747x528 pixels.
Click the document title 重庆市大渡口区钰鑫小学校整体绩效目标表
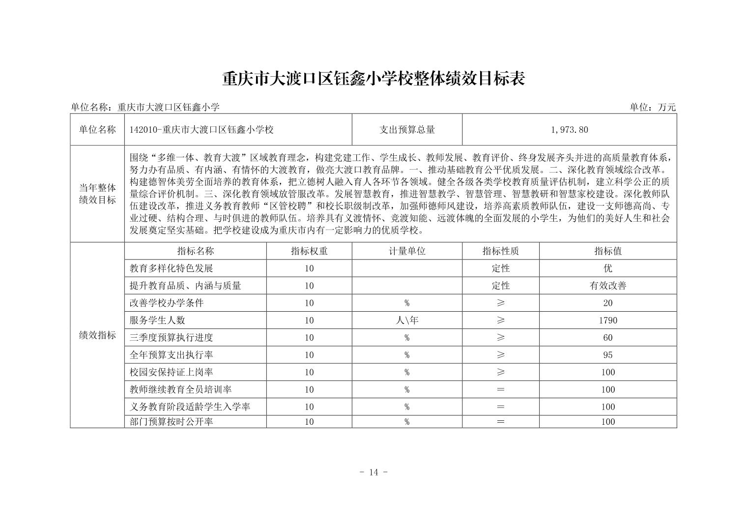click(373, 79)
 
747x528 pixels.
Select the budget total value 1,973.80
click(569, 130)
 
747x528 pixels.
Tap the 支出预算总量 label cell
click(407, 130)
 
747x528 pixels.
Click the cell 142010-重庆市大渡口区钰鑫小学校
click(201, 130)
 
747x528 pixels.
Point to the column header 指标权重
click(309, 251)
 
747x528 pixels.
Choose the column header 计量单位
click(407, 251)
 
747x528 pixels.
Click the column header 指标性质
click(500, 251)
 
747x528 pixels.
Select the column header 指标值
click(608, 251)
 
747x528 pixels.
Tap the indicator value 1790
click(608, 321)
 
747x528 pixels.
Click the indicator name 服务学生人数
click(157, 321)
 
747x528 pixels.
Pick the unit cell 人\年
click(407, 321)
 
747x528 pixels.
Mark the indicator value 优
click(608, 268)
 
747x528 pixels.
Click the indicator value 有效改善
click(608, 286)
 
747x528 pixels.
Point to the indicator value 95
click(608, 355)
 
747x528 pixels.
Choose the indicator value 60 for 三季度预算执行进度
click(608, 338)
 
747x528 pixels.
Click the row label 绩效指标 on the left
click(97, 335)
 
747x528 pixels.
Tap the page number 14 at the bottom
click(373, 472)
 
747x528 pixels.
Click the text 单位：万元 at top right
click(653, 107)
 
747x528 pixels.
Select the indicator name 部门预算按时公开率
click(172, 422)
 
